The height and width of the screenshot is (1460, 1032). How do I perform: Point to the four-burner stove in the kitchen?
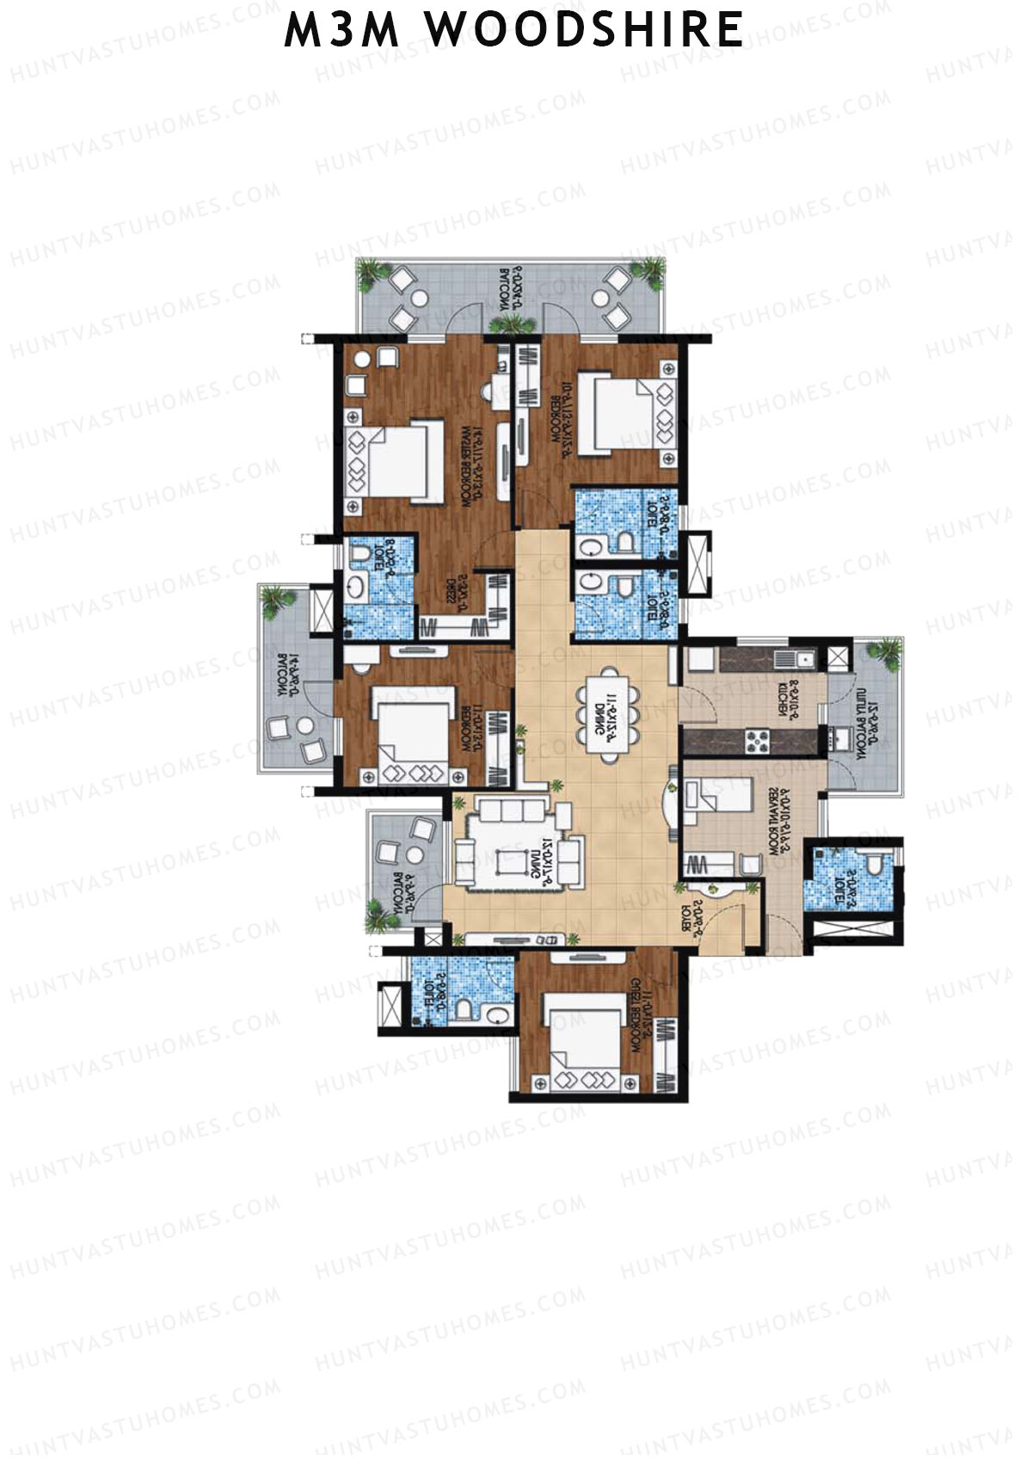pyautogui.click(x=758, y=741)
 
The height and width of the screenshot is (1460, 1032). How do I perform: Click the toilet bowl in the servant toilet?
pyautogui.click(x=875, y=864)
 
